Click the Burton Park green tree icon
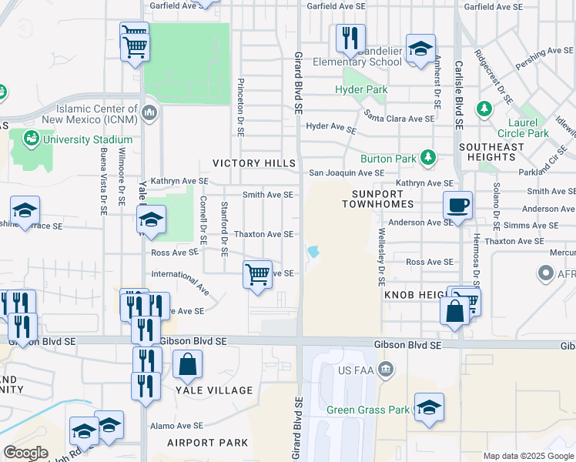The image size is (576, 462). tap(429, 159)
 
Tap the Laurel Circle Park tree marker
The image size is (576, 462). tap(484, 109)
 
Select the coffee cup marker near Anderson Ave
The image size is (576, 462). tap(457, 206)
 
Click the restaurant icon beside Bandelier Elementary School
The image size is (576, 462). tap(350, 38)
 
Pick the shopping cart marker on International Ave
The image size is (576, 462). tap(257, 274)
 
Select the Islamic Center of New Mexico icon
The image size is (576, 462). tap(149, 114)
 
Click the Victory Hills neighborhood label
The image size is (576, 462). tap(254, 163)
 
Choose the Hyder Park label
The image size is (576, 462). tap(361, 90)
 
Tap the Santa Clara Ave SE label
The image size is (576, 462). tap(400, 119)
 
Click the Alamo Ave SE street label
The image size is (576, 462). tap(176, 425)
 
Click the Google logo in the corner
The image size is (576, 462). tap(25, 453)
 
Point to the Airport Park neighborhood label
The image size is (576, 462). tap(208, 443)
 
